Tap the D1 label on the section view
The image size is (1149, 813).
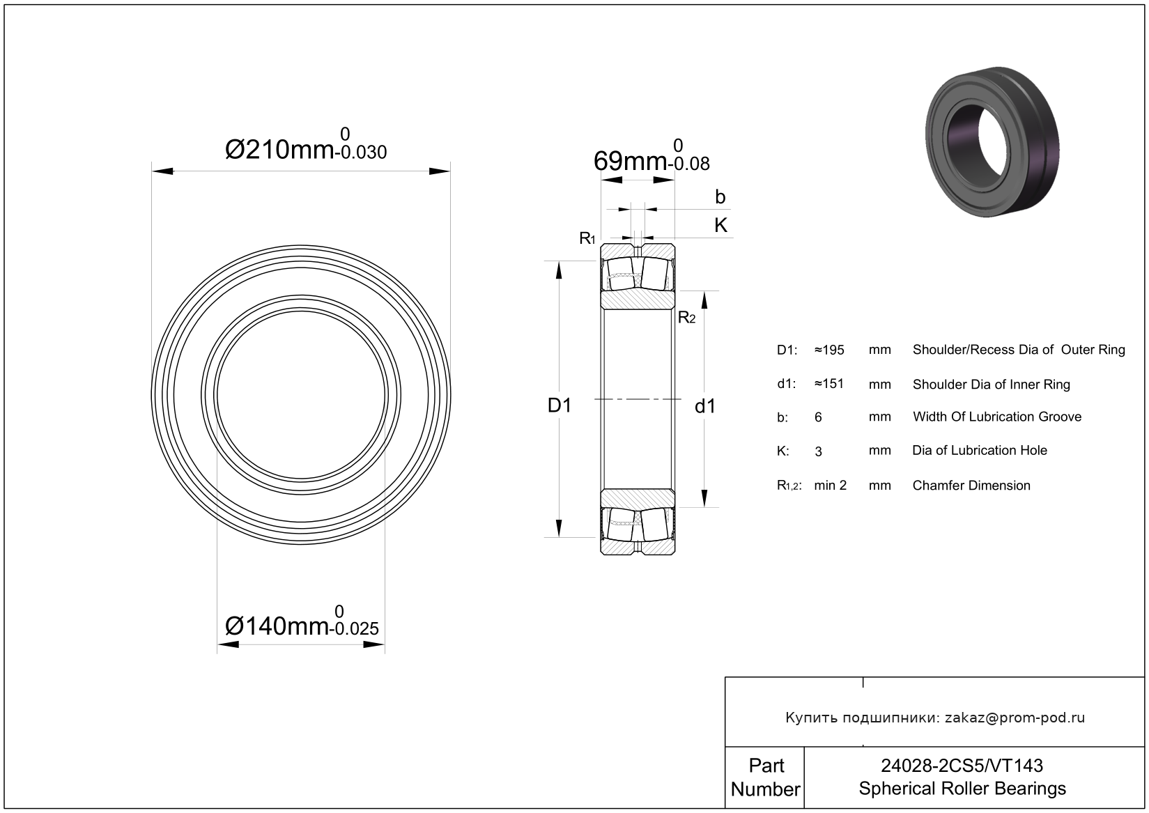click(x=559, y=405)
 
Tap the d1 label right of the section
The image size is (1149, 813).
click(x=704, y=406)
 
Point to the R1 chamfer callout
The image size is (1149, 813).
click(x=587, y=238)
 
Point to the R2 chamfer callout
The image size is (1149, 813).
click(x=687, y=318)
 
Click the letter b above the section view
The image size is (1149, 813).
click(x=720, y=197)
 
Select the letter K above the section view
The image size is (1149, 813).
click(x=720, y=225)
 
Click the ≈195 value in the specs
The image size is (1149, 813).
click(x=829, y=350)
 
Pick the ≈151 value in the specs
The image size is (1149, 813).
click(x=829, y=384)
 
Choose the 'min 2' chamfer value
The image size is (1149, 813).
click(x=831, y=486)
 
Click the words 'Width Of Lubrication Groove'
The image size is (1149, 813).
click(x=997, y=417)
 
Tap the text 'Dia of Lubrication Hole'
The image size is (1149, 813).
click(x=980, y=450)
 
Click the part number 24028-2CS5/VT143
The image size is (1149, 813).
click(x=962, y=766)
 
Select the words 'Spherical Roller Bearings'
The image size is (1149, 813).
click(x=962, y=788)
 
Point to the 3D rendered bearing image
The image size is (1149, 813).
click(x=992, y=141)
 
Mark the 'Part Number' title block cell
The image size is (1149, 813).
click(x=765, y=777)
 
